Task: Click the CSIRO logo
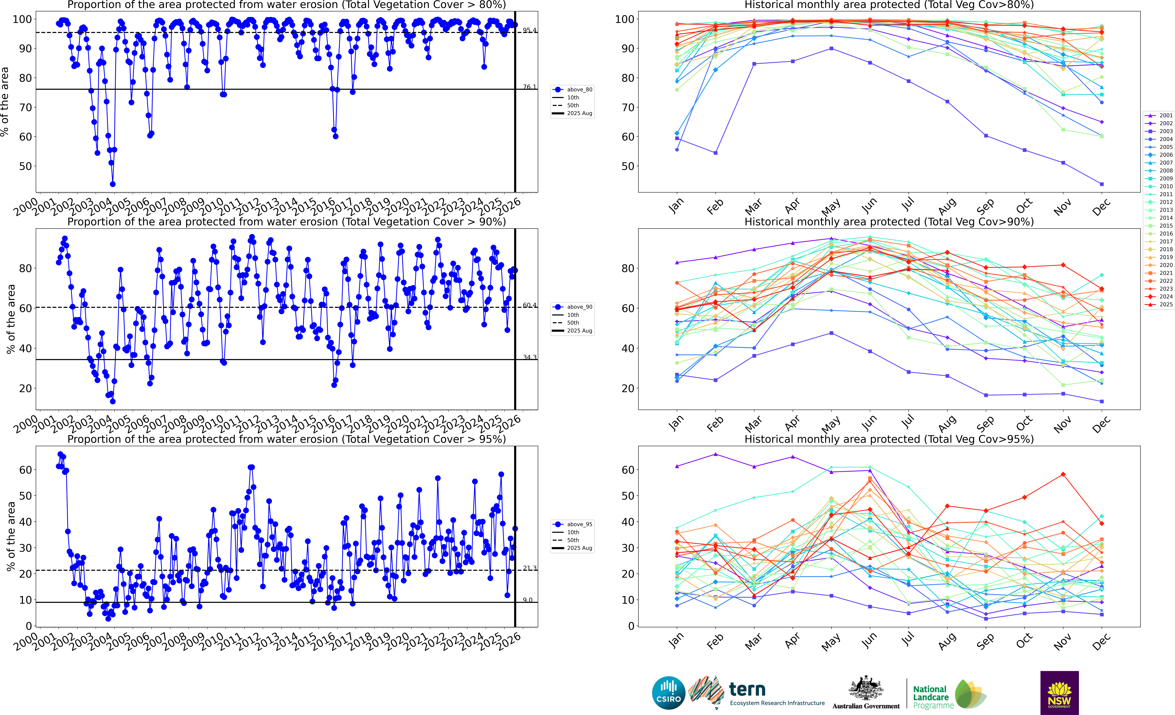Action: click(x=669, y=693)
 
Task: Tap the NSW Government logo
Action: click(x=1059, y=693)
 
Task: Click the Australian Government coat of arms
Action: click(x=865, y=689)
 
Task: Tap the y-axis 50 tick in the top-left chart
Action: click(x=25, y=166)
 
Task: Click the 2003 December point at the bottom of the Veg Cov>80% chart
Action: click(x=1102, y=184)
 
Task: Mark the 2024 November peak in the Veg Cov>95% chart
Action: click(x=1063, y=474)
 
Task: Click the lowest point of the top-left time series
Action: click(x=113, y=184)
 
